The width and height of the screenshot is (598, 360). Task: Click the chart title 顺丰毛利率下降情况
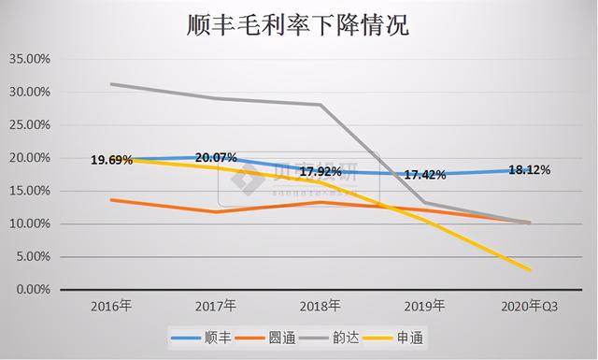[299, 25]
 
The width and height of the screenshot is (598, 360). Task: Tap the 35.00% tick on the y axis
[30, 59]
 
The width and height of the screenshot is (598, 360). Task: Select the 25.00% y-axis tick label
[30, 125]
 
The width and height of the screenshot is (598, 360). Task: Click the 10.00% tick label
[30, 224]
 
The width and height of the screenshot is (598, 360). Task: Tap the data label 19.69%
[112, 161]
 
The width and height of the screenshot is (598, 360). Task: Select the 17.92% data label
[320, 172]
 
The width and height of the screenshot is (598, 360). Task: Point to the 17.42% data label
[424, 176]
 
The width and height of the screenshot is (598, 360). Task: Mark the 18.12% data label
[529, 171]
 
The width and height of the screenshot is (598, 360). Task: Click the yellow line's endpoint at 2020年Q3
[530, 270]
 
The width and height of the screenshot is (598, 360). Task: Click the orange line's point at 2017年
[218, 212]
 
